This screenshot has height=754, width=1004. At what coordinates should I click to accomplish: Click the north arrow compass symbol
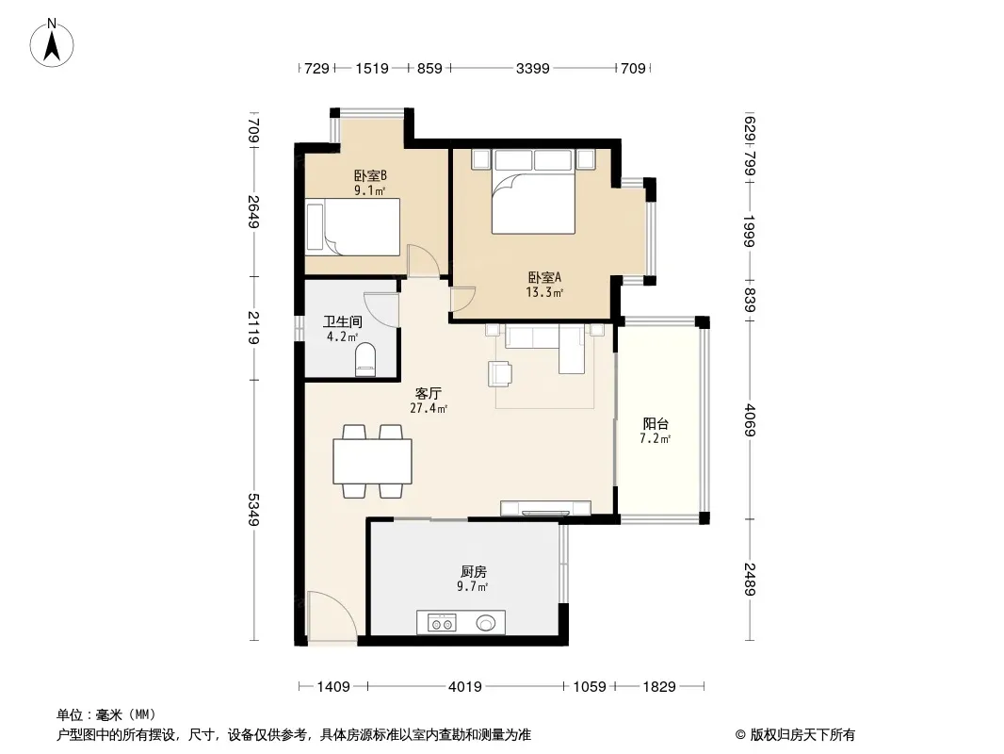pyautogui.click(x=52, y=43)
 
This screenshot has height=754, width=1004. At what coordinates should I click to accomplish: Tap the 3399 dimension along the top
pyautogui.click(x=533, y=68)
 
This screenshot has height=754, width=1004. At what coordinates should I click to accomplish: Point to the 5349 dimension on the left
pyautogui.click(x=253, y=510)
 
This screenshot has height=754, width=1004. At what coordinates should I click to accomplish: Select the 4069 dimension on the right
pyautogui.click(x=750, y=420)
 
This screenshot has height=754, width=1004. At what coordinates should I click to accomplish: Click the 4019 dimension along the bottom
pyautogui.click(x=465, y=687)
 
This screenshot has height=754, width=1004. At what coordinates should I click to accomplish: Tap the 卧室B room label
pyautogui.click(x=370, y=175)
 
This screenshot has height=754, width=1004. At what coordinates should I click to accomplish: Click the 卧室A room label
pyautogui.click(x=544, y=277)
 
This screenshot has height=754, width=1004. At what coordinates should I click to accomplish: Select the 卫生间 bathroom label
pyautogui.click(x=343, y=321)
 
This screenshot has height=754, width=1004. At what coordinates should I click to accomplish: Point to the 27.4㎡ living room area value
pyautogui.click(x=429, y=408)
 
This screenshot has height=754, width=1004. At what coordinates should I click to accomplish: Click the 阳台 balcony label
pyautogui.click(x=656, y=423)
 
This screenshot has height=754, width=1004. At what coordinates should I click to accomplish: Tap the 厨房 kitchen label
pyautogui.click(x=473, y=571)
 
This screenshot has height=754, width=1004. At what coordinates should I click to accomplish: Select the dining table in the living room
pyautogui.click(x=372, y=461)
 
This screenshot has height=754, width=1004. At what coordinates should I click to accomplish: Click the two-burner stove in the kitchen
pyautogui.click(x=442, y=623)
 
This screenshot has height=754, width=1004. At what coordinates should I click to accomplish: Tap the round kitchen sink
pyautogui.click(x=486, y=623)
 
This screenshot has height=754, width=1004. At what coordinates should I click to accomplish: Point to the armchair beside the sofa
pyautogui.click(x=500, y=374)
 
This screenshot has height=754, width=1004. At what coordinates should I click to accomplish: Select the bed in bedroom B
pyautogui.click(x=353, y=227)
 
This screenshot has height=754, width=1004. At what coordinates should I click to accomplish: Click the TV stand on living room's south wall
pyautogui.click(x=545, y=508)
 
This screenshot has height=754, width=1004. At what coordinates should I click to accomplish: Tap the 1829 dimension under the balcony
pyautogui.click(x=659, y=687)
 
